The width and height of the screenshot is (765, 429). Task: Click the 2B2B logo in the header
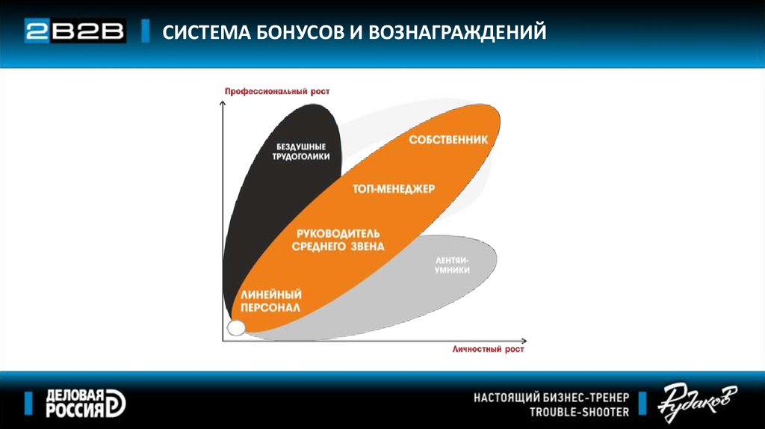75,31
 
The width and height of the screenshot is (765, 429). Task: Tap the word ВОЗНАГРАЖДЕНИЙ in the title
457,32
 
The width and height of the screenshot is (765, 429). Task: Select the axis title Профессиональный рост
277,91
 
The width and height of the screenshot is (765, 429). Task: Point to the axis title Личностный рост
488,349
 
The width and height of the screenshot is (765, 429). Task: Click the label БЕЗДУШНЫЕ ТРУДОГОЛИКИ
301,151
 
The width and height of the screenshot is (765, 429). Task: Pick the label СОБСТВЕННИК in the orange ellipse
448,140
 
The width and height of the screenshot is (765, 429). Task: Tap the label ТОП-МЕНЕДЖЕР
394,189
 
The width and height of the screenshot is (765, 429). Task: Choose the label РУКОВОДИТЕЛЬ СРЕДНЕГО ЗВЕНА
338,240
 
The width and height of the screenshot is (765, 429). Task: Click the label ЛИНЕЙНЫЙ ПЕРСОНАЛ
271,301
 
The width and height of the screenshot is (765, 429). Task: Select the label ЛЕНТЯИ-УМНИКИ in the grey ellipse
452,265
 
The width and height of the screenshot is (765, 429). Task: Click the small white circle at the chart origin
236,328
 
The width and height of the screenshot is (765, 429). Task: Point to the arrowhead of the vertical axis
223,103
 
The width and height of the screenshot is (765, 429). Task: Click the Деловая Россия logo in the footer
86,404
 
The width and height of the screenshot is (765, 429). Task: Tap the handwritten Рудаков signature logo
697,401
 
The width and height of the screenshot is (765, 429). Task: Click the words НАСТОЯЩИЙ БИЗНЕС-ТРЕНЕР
551,398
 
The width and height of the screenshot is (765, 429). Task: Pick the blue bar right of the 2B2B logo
145,31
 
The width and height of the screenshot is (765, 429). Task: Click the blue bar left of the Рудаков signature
642,403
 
